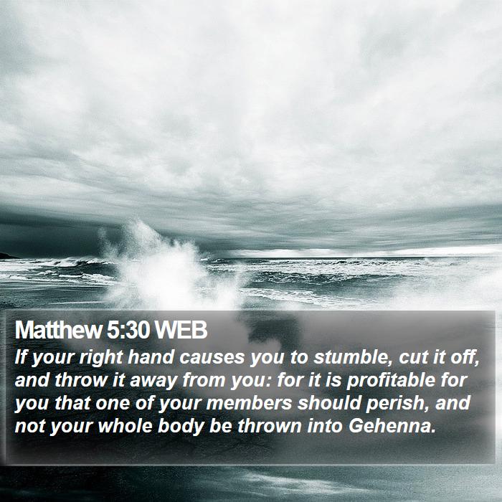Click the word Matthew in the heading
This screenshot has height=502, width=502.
tap(58, 330)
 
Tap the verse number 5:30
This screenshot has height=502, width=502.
tap(128, 330)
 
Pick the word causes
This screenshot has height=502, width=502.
tap(212, 358)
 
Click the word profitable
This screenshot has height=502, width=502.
tap(391, 381)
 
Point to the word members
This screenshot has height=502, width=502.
tap(249, 403)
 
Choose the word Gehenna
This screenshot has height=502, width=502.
tap(392, 427)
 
